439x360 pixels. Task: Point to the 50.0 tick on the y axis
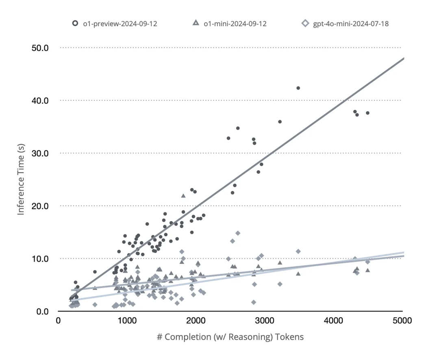point(40,48)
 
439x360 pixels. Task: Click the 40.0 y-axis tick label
point(40,100)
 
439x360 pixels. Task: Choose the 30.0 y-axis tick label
point(40,153)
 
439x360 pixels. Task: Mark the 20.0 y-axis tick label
point(40,206)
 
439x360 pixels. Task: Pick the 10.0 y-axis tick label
point(40,259)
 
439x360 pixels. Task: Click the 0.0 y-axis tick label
point(42,312)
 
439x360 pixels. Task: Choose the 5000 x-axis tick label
point(402,321)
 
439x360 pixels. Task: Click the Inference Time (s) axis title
point(21,181)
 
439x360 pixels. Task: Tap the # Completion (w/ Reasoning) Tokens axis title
point(230,337)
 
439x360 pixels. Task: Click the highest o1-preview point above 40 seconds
point(298,88)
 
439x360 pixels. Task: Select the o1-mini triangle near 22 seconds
point(183,195)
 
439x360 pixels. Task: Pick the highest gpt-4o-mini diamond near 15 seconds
point(238,233)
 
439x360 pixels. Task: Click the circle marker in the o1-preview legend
point(75,24)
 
